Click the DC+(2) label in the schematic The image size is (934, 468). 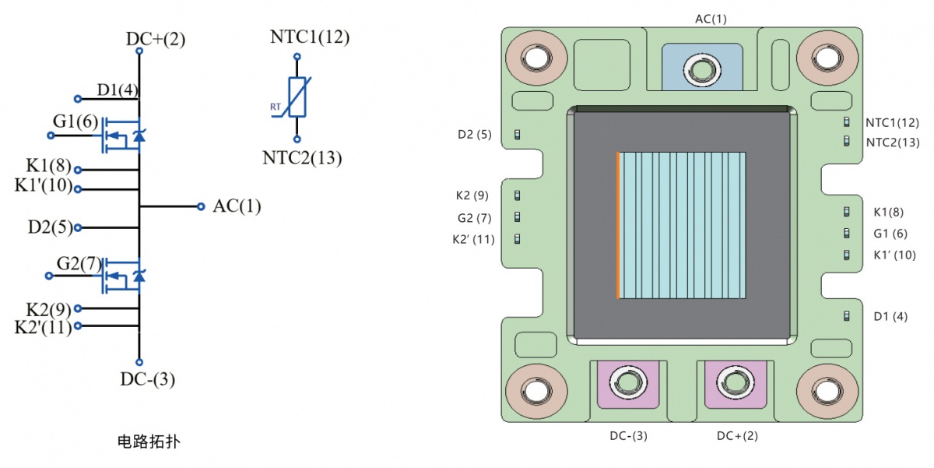pyautogui.click(x=156, y=39)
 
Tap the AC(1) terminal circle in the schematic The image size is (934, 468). pyautogui.click(x=201, y=206)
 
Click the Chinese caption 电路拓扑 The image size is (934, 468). pyautogui.click(x=149, y=442)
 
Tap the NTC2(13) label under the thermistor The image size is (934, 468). pyautogui.click(x=302, y=157)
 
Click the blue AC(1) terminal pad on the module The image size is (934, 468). pyautogui.click(x=702, y=67)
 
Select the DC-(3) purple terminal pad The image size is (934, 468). pyautogui.click(x=628, y=384)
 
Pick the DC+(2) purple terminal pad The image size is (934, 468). pyautogui.click(x=736, y=384)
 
